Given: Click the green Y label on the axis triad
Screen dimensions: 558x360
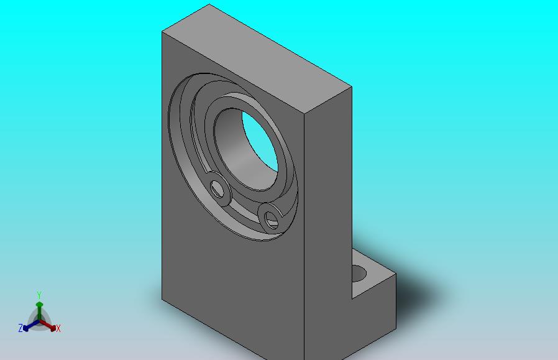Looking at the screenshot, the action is point(39,295).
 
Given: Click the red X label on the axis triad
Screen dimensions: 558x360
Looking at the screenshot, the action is point(58,328).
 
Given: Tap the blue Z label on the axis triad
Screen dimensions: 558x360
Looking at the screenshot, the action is point(21,328).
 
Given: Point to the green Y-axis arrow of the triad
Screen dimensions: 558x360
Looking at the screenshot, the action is point(39,311).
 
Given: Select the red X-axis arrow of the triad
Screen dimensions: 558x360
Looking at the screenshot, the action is point(48,325).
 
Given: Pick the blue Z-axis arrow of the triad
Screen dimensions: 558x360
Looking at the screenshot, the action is point(31,325).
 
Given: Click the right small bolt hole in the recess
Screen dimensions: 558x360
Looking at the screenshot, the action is point(271,219).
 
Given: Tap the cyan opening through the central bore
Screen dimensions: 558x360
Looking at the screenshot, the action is point(260,141).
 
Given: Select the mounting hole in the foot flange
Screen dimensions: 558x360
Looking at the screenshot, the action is point(359,274).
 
